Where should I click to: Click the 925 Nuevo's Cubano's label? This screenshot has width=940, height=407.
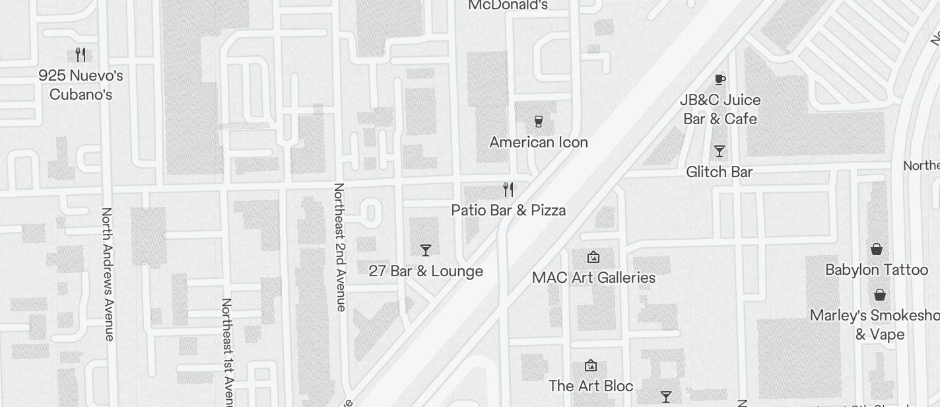pos(81,85)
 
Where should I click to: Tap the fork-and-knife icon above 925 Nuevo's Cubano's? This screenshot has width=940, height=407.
pos(81,54)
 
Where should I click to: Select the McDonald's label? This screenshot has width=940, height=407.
pos(508,5)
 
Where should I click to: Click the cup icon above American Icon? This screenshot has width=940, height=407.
pos(538,122)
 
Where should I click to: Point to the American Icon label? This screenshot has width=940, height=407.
pos(538,142)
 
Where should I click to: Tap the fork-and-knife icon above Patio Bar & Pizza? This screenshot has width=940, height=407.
pos(508,190)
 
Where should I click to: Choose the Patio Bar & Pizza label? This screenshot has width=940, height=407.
pos(508,210)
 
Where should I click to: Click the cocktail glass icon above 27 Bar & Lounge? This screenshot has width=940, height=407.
pos(426,250)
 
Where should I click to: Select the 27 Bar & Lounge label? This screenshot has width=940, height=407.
pos(426,271)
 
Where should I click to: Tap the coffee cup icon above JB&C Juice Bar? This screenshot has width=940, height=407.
pos(720,80)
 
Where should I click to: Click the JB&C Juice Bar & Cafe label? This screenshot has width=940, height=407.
pos(720,109)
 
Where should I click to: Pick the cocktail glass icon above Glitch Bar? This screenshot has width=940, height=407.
pos(720,151)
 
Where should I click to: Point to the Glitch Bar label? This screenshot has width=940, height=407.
pos(720,172)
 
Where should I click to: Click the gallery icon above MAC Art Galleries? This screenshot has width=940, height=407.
pos(593,257)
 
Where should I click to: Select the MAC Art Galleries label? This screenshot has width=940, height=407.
pos(593,277)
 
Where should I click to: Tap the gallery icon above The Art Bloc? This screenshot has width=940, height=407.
pos(591,365)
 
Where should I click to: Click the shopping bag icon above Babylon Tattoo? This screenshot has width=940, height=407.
pos(877,249)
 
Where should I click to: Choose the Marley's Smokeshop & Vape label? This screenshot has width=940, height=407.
pos(878,324)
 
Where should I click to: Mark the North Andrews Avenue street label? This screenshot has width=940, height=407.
pos(108,274)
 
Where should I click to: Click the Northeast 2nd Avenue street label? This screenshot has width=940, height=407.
pos(339,246)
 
